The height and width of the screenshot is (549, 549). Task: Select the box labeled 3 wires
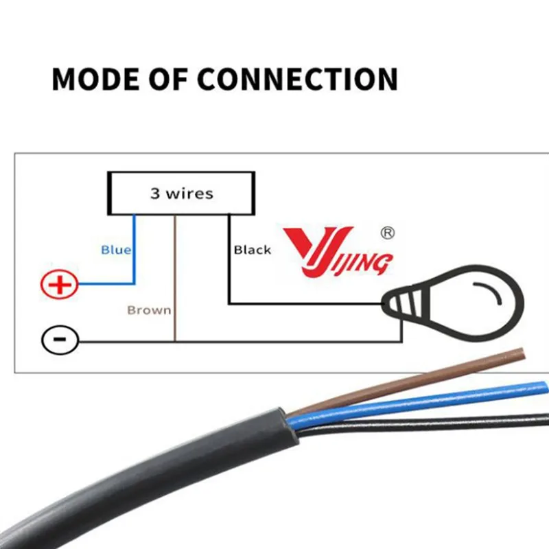point(181,194)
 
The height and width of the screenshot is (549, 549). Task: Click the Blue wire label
point(115,250)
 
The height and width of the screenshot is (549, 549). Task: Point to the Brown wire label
point(148,310)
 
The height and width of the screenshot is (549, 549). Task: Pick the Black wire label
point(253,250)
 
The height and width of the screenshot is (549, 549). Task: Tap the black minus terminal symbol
point(60,340)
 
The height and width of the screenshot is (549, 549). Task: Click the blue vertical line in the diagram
point(134,247)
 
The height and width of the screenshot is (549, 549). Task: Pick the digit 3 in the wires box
point(155,194)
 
